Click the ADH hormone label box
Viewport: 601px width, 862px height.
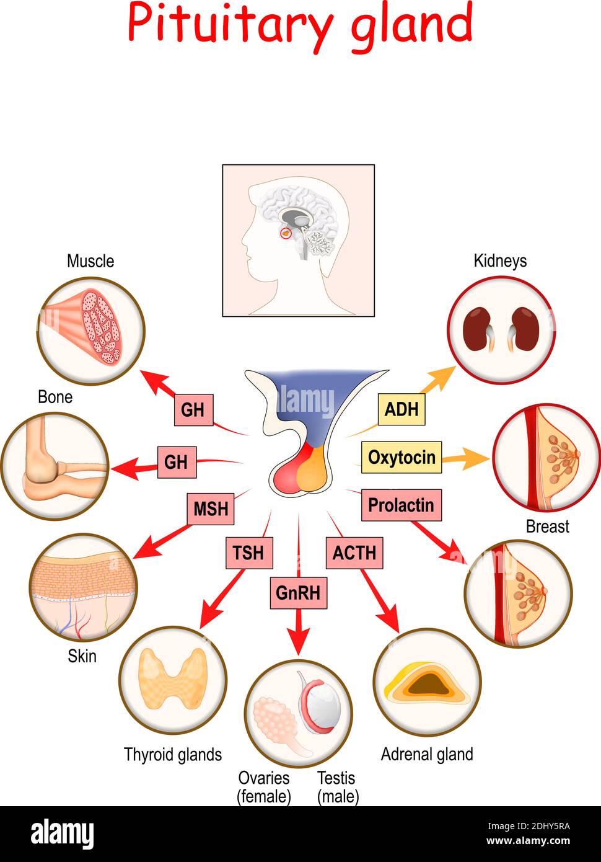coord(401,409)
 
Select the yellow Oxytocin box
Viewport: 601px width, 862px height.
coord(401,458)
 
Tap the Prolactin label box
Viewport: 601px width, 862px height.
coord(401,505)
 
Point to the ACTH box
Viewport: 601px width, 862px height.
coord(354,553)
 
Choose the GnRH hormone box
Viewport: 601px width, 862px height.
coord(298,593)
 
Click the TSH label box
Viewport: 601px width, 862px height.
coord(248,553)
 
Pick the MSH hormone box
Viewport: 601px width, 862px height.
coord(211,509)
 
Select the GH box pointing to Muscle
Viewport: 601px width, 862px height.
coord(193,410)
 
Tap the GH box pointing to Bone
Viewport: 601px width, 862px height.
coord(177,462)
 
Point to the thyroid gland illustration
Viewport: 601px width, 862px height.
coord(172,679)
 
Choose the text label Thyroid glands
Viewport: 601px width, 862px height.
coord(173,755)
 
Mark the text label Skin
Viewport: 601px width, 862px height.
coord(82,655)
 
